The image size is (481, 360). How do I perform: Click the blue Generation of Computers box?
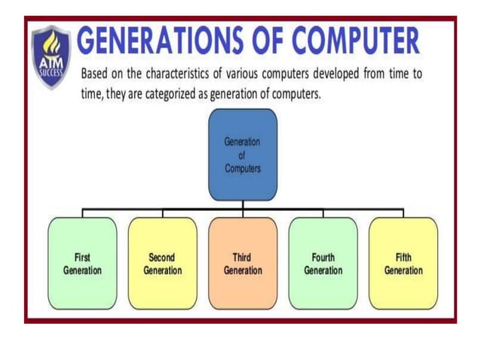pos(243,154)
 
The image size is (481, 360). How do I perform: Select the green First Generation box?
pos(82,263)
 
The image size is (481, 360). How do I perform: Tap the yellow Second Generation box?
pos(162,263)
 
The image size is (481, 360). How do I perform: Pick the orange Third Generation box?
pos(243,263)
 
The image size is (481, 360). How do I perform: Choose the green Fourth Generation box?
pos(323,263)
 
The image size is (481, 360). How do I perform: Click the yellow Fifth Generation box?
pos(403,263)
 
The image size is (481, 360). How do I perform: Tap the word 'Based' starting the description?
pos(95,75)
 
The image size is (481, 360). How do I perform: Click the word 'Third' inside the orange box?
pos(243,257)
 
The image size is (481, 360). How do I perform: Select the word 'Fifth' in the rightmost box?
pos(403,257)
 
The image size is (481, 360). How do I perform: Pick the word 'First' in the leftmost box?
pos(82,257)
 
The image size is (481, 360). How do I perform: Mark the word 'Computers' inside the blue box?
pos(243,168)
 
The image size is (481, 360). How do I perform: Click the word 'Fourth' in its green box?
pos(323,257)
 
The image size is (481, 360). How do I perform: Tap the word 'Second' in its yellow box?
pos(162,257)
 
